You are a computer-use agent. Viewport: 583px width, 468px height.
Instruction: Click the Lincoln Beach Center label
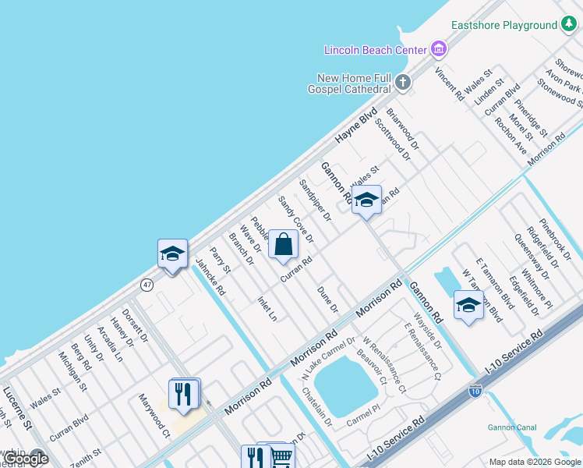(376, 50)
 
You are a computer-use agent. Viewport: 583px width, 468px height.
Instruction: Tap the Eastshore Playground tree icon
(570, 25)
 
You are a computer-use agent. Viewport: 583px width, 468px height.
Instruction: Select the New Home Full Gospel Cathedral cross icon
(402, 81)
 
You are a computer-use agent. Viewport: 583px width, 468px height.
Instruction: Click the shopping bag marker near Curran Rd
(284, 244)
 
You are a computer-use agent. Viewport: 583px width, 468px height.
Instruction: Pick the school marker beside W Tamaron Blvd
(468, 305)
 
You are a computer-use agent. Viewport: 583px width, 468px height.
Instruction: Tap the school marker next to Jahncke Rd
(173, 253)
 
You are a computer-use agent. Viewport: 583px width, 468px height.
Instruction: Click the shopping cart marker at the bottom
(281, 457)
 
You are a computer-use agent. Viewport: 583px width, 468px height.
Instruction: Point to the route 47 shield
(147, 285)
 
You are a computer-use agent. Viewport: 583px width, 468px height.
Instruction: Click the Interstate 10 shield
(475, 391)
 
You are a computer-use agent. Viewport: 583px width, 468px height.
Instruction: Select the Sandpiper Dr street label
(315, 199)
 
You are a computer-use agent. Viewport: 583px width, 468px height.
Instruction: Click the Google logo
(26, 459)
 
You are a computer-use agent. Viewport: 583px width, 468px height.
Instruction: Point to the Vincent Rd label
(450, 83)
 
